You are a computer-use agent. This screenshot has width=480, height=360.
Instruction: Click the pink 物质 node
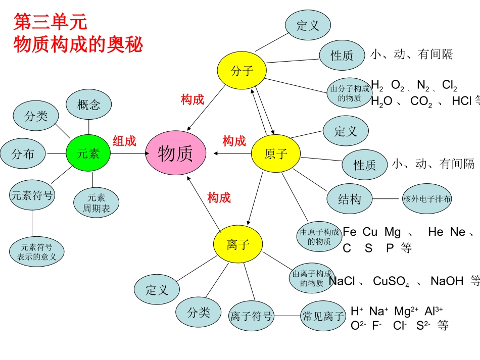point(176,153)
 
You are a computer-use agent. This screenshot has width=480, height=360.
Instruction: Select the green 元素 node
point(88,153)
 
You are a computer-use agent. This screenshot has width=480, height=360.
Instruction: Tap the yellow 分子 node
point(242,71)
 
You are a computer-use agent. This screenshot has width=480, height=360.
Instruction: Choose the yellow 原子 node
point(275,153)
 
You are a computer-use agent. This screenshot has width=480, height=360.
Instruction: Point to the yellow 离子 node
point(238,245)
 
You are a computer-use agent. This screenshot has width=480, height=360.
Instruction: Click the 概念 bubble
point(89,105)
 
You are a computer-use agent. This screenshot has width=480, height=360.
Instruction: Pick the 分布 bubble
point(23,153)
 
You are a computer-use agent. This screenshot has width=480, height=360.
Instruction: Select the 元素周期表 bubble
point(97,202)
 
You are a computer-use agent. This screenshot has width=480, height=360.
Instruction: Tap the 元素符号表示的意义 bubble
point(37,251)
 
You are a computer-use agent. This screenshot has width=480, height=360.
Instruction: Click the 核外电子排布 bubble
point(427,198)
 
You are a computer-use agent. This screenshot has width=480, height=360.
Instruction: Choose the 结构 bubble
point(350,198)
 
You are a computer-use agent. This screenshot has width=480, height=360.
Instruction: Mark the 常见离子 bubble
point(323,316)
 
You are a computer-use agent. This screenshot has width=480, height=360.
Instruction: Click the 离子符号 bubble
point(252,316)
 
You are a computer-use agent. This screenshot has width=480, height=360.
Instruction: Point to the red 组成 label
point(124,141)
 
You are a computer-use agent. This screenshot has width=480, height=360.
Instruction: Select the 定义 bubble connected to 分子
point(308,25)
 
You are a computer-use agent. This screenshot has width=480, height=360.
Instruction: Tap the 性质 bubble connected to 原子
point(365,165)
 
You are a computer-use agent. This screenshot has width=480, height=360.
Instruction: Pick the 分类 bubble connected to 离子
point(199,312)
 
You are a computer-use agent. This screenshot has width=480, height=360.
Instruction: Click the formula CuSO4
point(391,281)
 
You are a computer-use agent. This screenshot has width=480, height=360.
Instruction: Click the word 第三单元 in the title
point(51,22)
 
